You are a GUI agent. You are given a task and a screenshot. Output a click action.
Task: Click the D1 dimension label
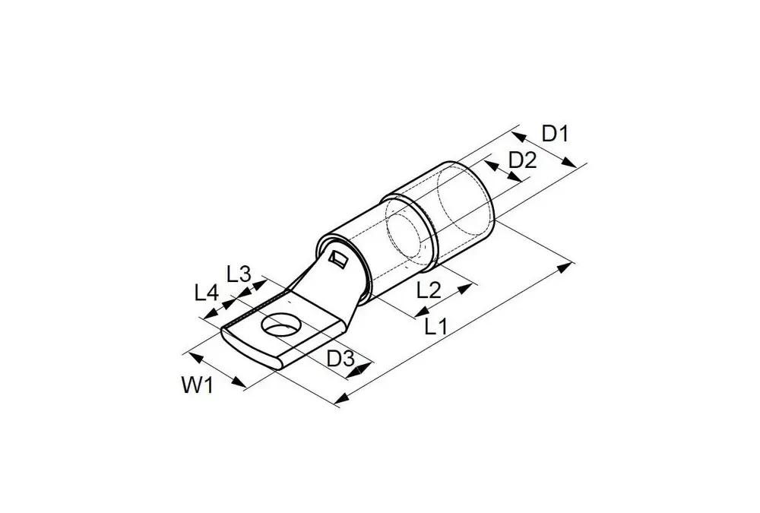click(555, 133)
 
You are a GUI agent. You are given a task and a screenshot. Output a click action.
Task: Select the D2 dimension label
click(523, 160)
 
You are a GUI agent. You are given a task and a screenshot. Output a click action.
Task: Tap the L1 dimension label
click(435, 327)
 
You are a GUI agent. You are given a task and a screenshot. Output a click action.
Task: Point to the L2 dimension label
click(429, 290)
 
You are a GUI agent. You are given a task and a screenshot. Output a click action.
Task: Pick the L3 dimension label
click(239, 274)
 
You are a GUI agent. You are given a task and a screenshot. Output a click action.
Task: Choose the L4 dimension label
click(207, 293)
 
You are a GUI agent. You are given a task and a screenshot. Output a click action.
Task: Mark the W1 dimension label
click(198, 385)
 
